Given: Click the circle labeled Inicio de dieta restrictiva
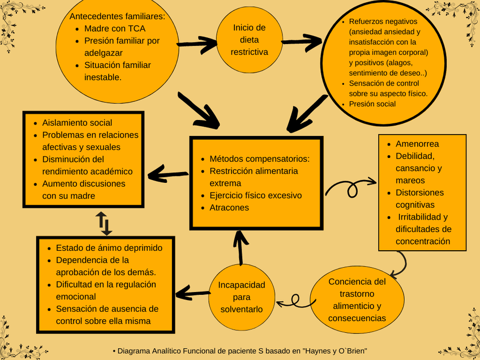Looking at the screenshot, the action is coord(249,40).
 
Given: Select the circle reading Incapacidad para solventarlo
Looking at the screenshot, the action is coord(242,297).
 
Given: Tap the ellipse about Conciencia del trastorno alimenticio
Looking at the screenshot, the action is coord(357,299).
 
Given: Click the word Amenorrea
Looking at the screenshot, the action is coord(417,144).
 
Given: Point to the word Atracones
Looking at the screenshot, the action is coord(229,208).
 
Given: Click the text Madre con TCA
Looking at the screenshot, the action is coord(115,28).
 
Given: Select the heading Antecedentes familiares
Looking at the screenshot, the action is coord(117,16).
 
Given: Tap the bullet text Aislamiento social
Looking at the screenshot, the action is coord(77,123).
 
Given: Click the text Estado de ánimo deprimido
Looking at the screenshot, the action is coord(109,248).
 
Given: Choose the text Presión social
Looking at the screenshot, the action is coord(372,104).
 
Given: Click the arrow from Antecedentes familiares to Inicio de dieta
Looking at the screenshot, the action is coord(198,45).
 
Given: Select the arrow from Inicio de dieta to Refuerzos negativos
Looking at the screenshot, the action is coord(302,42).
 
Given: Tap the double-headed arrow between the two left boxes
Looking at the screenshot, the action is coord(104,223).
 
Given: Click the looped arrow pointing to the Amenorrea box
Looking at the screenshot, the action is coord(351,187).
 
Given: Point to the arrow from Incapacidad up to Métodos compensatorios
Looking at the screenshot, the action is coord(241,248).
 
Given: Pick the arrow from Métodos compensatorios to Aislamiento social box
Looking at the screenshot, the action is coord(168,174).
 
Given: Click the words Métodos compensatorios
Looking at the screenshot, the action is coord(260,159).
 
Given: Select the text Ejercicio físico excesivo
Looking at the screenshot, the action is coord(256,195).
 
